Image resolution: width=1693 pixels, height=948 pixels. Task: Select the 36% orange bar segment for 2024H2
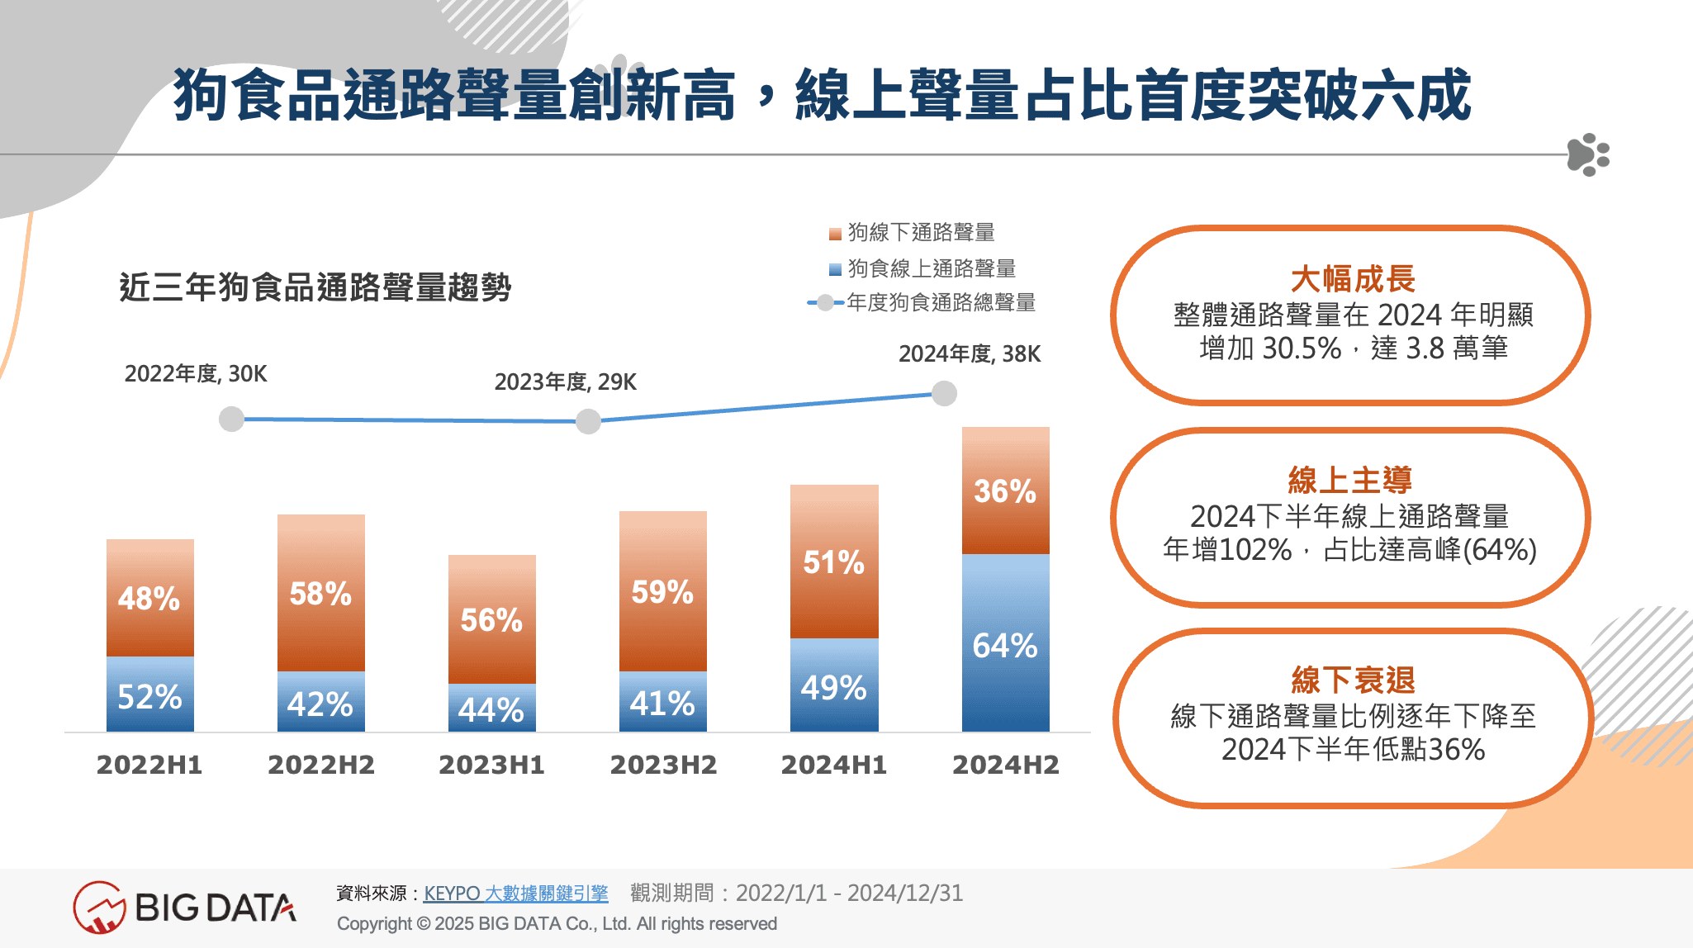(x=1005, y=491)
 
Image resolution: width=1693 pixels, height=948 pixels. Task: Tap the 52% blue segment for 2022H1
(x=149, y=694)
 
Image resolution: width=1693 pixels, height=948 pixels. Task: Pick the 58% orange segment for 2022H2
(x=320, y=593)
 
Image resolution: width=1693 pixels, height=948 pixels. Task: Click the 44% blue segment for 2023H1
(x=491, y=708)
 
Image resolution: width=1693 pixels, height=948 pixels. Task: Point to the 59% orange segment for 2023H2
(x=662, y=591)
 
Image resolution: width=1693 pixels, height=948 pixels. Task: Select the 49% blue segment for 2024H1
(x=833, y=685)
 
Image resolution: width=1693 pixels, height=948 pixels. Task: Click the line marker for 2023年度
(x=588, y=421)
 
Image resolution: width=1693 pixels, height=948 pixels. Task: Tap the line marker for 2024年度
(x=944, y=394)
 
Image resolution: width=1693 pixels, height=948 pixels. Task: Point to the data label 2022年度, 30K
(x=196, y=374)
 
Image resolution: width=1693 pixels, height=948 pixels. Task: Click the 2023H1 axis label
(x=491, y=765)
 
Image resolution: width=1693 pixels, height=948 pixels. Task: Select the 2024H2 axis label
(x=1005, y=765)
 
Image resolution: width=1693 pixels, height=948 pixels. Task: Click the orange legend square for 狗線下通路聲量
(x=835, y=234)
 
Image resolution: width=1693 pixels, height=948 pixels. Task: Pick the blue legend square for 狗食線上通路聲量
(x=835, y=269)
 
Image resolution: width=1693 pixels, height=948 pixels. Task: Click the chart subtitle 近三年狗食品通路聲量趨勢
(x=315, y=287)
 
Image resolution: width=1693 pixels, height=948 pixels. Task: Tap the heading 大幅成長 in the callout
(x=1352, y=279)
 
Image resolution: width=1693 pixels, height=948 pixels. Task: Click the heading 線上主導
(x=1350, y=480)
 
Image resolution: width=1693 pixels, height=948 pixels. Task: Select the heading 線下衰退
(x=1353, y=680)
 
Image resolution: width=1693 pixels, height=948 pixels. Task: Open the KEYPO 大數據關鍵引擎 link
(x=515, y=893)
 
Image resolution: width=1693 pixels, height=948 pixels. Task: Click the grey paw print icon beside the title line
(x=1587, y=154)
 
